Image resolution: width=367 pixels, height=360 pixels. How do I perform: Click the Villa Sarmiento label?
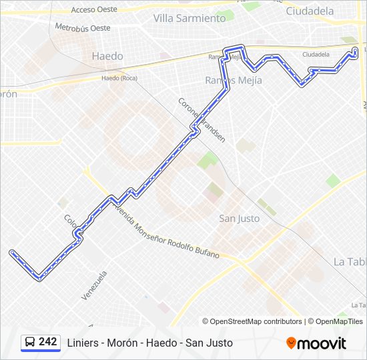point(190,18)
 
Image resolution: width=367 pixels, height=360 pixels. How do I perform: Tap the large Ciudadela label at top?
point(310,11)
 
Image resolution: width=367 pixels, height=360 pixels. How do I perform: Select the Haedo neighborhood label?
point(107,56)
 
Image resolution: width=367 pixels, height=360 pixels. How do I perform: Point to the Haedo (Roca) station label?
point(119,78)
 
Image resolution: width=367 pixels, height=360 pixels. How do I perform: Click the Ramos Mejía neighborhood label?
point(234,80)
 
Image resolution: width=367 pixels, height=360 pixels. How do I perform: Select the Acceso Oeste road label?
point(94,9)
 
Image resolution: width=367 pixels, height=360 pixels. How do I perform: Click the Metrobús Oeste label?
point(83,28)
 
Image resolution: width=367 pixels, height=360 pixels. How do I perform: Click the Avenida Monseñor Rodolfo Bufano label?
point(167,232)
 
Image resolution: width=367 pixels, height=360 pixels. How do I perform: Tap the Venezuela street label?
point(94,285)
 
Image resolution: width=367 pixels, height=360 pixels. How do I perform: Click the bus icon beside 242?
point(30,342)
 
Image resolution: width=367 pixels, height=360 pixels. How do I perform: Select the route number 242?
point(48,342)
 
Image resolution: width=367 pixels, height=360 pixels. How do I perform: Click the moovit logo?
point(316,343)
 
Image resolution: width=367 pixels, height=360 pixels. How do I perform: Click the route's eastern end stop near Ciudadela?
point(355,50)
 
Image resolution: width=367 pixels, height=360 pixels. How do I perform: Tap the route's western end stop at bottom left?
point(12,252)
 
